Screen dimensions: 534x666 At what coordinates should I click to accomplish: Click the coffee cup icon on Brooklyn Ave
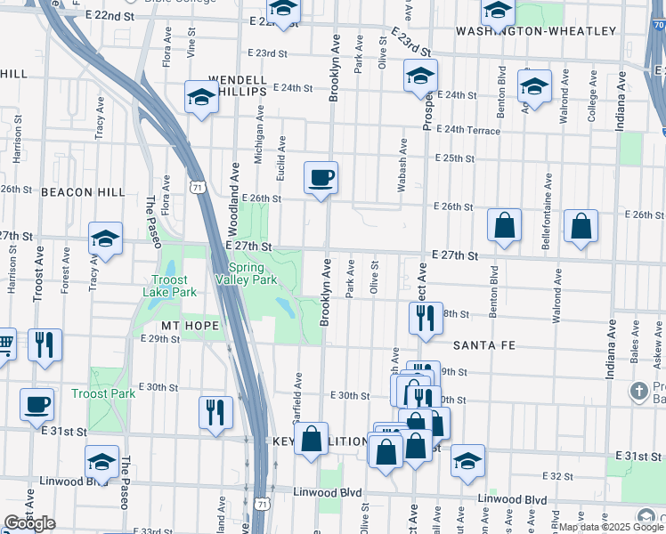click(x=321, y=178)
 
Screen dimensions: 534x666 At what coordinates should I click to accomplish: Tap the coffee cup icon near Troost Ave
click(x=37, y=405)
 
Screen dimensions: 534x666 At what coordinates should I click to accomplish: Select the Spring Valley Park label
click(x=247, y=273)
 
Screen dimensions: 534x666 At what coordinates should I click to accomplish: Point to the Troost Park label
click(x=103, y=393)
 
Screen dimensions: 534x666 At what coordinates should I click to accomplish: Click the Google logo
click(x=29, y=523)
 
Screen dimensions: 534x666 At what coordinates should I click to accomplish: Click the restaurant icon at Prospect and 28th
click(x=426, y=318)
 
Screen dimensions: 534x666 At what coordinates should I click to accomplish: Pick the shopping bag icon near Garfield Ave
click(x=311, y=439)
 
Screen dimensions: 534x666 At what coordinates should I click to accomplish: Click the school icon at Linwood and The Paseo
click(x=102, y=462)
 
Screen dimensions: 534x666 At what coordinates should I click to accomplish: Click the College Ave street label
click(x=592, y=106)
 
